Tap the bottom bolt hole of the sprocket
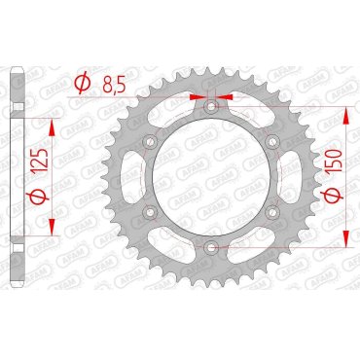pos(211,249)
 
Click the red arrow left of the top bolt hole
pos(198,97)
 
